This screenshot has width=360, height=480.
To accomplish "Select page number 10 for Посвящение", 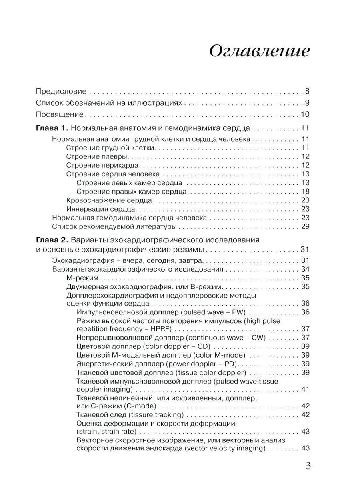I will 305,114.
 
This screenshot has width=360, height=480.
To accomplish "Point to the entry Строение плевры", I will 97,156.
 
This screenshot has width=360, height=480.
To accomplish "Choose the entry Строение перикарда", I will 102,165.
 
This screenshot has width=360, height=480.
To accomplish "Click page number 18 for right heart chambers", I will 306,191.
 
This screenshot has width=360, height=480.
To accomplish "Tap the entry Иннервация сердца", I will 102,209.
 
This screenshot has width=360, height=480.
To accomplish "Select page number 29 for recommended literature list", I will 306,227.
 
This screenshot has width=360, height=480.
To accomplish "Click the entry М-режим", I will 83,278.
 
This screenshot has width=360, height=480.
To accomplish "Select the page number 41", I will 306,389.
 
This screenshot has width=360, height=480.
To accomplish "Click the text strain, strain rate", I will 106,432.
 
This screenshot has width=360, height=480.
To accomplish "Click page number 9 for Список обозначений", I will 307,103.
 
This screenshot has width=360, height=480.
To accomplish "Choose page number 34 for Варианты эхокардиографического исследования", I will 306,269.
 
